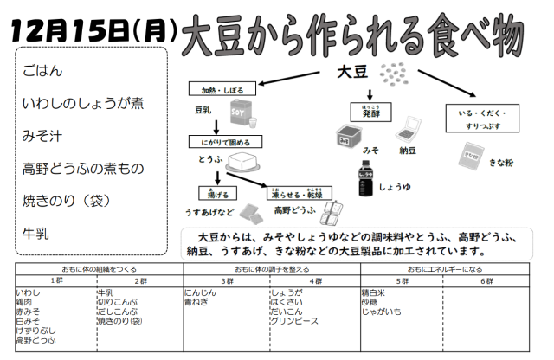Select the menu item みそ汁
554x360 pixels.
click(42, 135)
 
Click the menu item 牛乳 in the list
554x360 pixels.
click(37, 231)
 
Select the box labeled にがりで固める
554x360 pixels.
click(225, 142)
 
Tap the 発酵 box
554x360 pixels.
click(370, 112)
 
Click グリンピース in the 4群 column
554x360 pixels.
click(294, 321)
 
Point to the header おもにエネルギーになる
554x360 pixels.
click(448, 269)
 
